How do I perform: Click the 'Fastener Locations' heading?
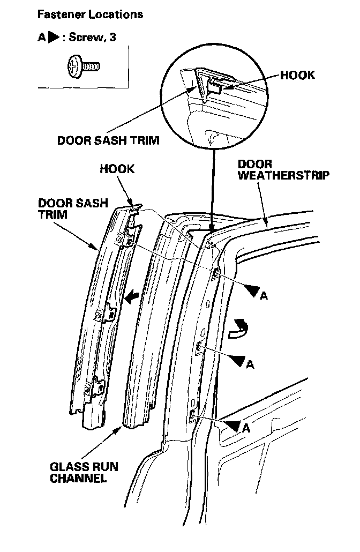click(90, 14)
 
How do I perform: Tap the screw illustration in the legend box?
click(84, 66)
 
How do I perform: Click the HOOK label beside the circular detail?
click(297, 76)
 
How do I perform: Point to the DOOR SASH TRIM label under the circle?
click(108, 141)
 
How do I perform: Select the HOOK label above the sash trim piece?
click(117, 169)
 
